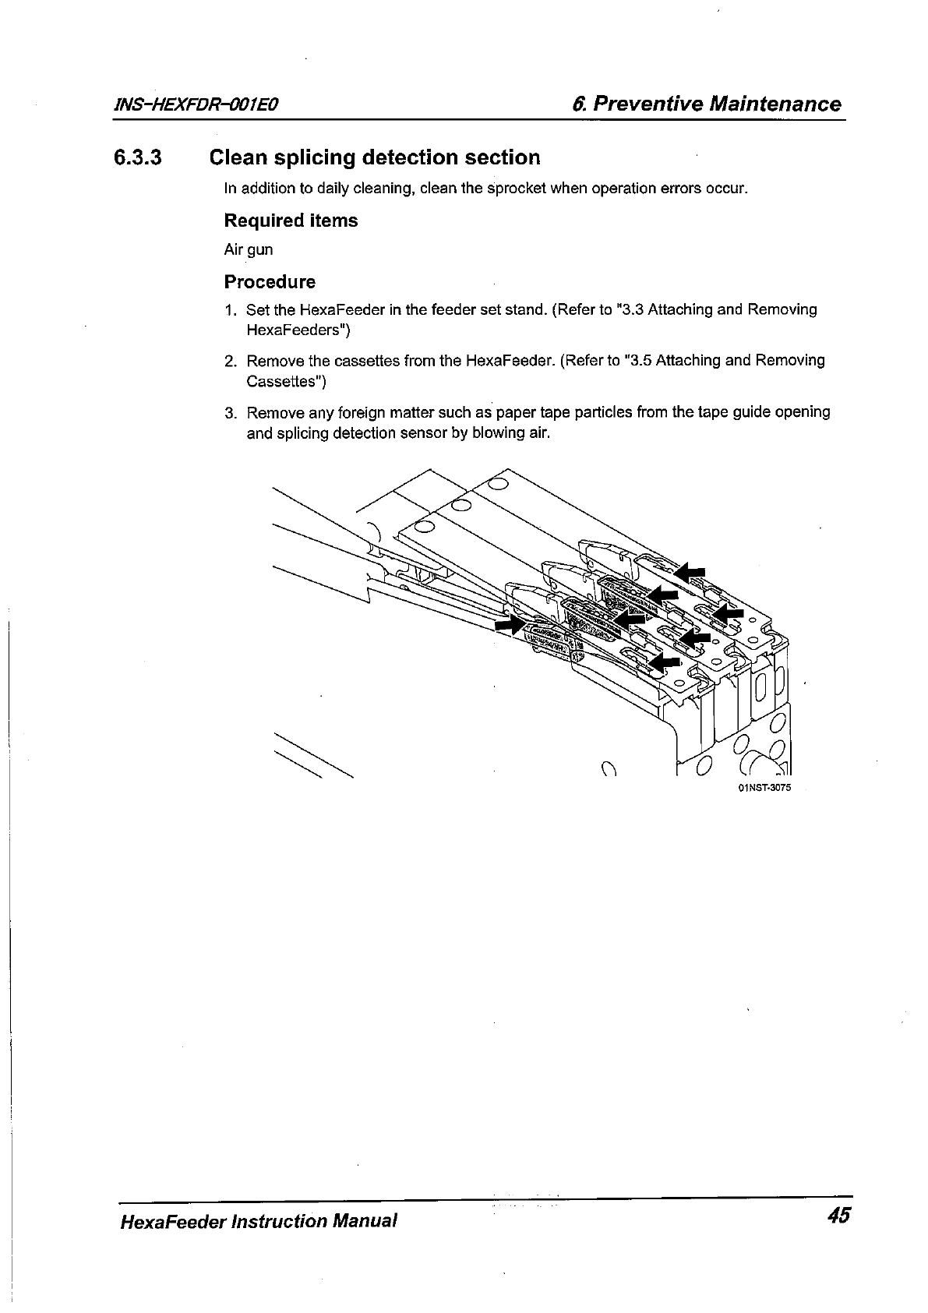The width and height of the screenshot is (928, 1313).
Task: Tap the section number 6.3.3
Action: pos(137,158)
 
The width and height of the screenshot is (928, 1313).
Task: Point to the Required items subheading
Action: pos(291,221)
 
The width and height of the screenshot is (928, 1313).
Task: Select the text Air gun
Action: pos(249,250)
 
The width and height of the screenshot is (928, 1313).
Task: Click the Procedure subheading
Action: pos(270,281)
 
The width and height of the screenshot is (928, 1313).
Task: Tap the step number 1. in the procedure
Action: pos(230,310)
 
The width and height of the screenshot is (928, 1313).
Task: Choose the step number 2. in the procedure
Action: pos(230,361)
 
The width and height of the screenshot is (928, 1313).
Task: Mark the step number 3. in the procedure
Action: pos(230,412)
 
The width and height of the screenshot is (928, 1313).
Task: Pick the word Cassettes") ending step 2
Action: pos(286,382)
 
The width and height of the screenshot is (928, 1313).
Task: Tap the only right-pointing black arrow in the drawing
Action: pos(510,624)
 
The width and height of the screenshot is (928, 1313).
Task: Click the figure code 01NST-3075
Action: pos(763,787)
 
